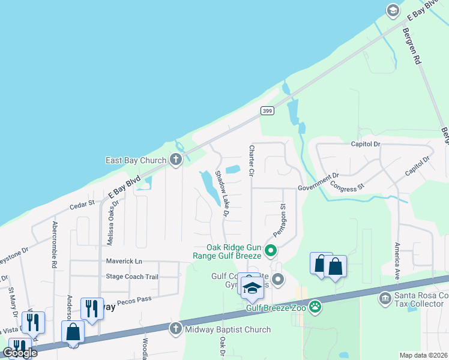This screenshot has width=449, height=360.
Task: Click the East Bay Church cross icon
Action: pos(176,160)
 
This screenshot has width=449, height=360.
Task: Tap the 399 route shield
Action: pos(268,111)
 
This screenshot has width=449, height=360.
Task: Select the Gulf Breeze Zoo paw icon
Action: pos(315,308)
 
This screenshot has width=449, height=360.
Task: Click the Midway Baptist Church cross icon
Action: pos(175,329)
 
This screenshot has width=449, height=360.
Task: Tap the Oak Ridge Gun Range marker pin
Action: pos(271,251)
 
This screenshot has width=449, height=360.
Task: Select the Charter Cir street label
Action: pos(252,160)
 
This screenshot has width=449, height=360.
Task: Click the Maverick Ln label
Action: pos(124,262)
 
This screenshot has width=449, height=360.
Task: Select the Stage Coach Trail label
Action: pos(132,277)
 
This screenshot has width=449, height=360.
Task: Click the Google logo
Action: pos(20,353)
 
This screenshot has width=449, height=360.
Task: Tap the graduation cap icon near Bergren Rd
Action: pos(393,10)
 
